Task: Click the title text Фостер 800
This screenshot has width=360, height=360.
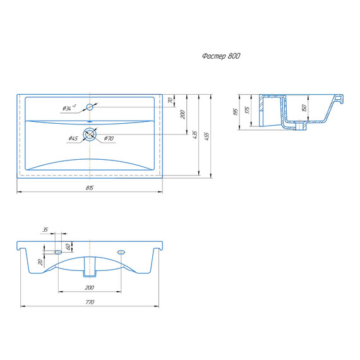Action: pyautogui.click(x=221, y=56)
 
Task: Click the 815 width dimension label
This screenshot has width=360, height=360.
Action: pyautogui.click(x=90, y=188)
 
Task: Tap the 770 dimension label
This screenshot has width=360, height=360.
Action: pyautogui.click(x=90, y=302)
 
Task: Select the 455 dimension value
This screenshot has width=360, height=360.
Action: pyautogui.click(x=207, y=136)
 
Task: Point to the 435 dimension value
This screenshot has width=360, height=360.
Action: pyautogui.click(x=195, y=135)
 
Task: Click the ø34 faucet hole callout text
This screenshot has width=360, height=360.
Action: pyautogui.click(x=69, y=107)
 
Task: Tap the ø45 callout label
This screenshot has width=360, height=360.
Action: pyautogui.click(x=73, y=138)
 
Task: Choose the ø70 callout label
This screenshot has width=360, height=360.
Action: pyautogui.click(x=109, y=138)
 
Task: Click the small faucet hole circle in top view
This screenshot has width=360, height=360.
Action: pyautogui.click(x=90, y=107)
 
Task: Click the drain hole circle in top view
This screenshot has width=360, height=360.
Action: pyautogui.click(x=90, y=134)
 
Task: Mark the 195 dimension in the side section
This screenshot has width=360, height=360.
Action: pyautogui.click(x=236, y=112)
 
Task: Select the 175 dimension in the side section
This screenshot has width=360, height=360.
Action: pyautogui.click(x=247, y=110)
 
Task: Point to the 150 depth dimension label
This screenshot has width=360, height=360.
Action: pyautogui.click(x=304, y=108)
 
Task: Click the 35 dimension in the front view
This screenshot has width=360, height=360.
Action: pyautogui.click(x=45, y=229)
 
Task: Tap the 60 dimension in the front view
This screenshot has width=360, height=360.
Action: pyautogui.click(x=68, y=247)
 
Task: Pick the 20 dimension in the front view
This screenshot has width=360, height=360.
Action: pyautogui.click(x=40, y=262)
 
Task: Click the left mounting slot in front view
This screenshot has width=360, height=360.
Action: pyautogui.click(x=58, y=253)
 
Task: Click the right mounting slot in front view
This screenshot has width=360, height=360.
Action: pyautogui.click(x=121, y=253)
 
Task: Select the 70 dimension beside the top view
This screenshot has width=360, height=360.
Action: pyautogui.click(x=170, y=100)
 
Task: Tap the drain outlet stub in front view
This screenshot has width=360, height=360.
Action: pyautogui.click(x=90, y=267)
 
